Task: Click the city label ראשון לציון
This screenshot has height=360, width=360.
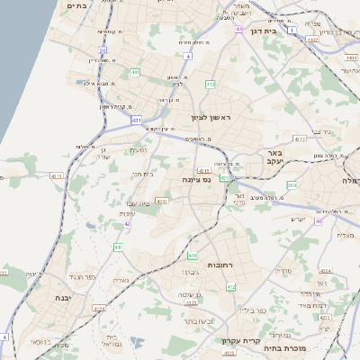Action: [x=211, y=118]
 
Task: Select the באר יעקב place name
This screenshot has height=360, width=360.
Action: [x=274, y=158]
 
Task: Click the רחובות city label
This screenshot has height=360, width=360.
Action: [x=221, y=267]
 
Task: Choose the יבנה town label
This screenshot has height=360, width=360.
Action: [x=62, y=297]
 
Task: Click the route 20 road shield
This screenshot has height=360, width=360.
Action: [x=103, y=51]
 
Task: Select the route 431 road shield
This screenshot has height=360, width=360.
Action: [x=136, y=119]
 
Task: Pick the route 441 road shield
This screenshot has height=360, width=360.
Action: [x=134, y=72]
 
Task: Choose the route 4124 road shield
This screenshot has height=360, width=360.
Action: [x=99, y=310]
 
